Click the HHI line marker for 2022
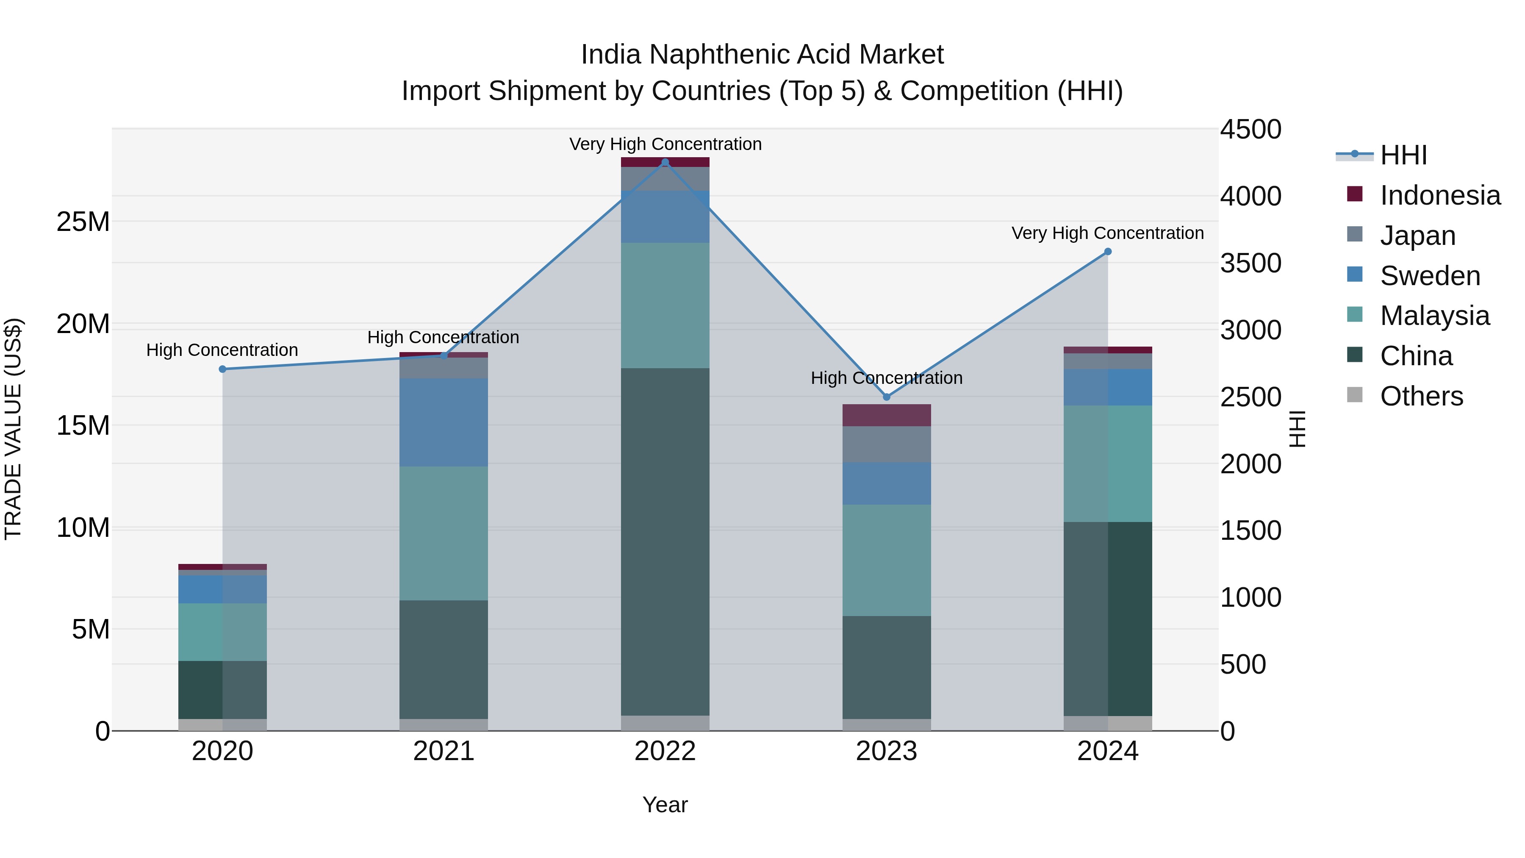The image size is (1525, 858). coord(665,162)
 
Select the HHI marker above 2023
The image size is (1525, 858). coord(886,397)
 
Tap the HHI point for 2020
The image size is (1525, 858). coord(222,369)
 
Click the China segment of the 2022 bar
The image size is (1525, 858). coord(665,542)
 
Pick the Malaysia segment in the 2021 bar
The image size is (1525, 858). coord(444,533)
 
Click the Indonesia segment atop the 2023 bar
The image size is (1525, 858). coord(886,415)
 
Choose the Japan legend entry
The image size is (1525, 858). coord(1417,236)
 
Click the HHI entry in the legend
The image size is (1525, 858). coord(1403,155)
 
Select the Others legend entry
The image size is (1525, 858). coord(1421,396)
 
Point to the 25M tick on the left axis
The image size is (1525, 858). coord(83,222)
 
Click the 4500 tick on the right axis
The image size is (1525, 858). coord(1250,130)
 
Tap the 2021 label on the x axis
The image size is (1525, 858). coord(444,751)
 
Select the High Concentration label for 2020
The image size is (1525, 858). coord(222,350)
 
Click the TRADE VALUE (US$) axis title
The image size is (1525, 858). coord(13,429)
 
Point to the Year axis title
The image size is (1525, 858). coord(665,805)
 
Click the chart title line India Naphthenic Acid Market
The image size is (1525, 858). coord(762,55)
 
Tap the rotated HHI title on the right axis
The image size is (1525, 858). coord(1297,429)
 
